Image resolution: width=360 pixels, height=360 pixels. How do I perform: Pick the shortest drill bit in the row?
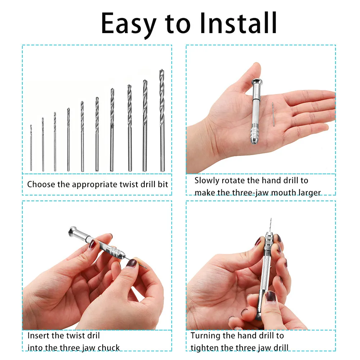[x=31, y=148]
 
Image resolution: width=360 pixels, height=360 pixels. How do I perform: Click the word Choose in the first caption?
[x=41, y=185]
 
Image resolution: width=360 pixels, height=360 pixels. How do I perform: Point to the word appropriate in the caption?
[x=94, y=185]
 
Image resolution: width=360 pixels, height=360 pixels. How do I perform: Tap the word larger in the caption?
[x=308, y=193]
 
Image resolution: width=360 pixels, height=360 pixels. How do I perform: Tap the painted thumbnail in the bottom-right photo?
[x=271, y=297]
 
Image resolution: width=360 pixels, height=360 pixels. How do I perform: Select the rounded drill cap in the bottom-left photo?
[x=72, y=232]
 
